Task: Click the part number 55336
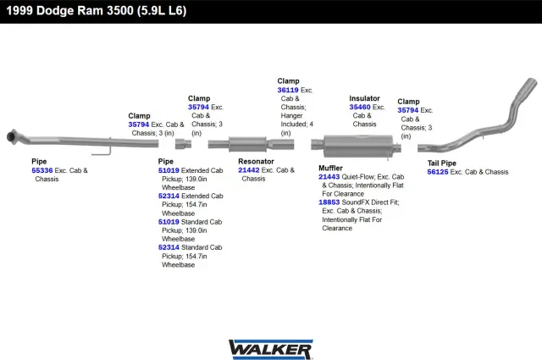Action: point(42,170)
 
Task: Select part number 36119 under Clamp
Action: point(288,90)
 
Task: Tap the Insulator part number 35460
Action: point(360,108)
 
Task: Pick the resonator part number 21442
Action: point(248,170)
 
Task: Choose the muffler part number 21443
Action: point(329,177)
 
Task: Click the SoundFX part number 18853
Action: point(329,202)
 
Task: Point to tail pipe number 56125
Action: point(438,172)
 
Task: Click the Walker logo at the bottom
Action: point(271,349)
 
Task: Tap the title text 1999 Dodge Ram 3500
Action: point(69,11)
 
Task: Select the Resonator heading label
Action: point(256,162)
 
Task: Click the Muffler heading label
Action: point(330,168)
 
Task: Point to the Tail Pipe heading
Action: point(442,163)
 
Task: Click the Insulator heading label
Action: point(364,98)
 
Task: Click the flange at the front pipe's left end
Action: point(12,136)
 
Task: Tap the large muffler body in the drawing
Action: point(358,146)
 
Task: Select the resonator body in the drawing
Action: point(247,144)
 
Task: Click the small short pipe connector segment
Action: point(183,144)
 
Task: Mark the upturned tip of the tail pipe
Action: point(529,84)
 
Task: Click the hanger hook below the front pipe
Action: point(102,152)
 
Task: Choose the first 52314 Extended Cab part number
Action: point(169,196)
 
